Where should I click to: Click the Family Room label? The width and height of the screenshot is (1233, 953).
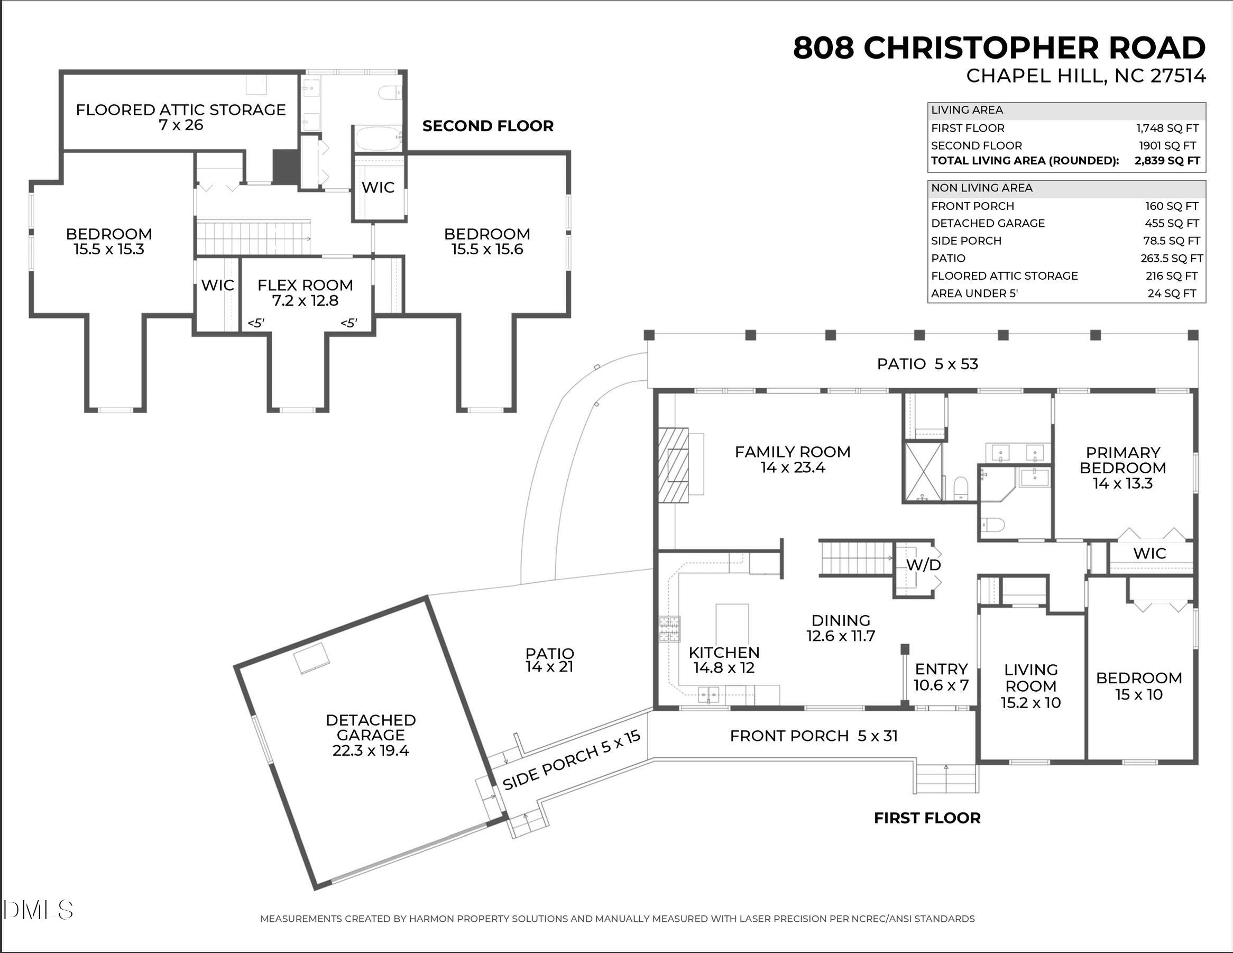click(792, 459)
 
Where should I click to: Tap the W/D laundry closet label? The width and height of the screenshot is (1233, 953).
click(924, 565)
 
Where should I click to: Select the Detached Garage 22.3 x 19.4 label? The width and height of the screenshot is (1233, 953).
click(371, 735)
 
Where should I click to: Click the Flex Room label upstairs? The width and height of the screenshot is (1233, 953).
click(306, 292)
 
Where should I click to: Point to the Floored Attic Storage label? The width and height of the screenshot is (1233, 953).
click(181, 117)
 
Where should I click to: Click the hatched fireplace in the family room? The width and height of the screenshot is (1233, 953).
click(674, 465)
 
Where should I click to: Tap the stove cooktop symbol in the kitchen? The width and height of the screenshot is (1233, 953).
click(669, 629)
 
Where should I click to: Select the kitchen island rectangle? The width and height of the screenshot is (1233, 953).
click(732, 624)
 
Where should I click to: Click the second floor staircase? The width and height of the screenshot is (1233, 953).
click(253, 237)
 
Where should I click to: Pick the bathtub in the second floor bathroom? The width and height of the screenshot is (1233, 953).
click(378, 139)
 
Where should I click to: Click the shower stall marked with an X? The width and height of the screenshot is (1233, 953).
click(923, 472)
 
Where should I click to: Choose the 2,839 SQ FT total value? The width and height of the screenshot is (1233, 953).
click(1167, 161)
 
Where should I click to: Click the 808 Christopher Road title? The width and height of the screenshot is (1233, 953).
click(999, 48)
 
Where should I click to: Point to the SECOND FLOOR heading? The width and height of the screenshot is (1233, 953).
click(488, 126)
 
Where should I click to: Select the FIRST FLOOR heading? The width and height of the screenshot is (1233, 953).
click(927, 818)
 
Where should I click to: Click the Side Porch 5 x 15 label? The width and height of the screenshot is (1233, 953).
click(572, 760)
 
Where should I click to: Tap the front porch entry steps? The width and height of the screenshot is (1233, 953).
click(946, 778)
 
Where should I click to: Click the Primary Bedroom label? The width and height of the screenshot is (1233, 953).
click(1122, 468)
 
